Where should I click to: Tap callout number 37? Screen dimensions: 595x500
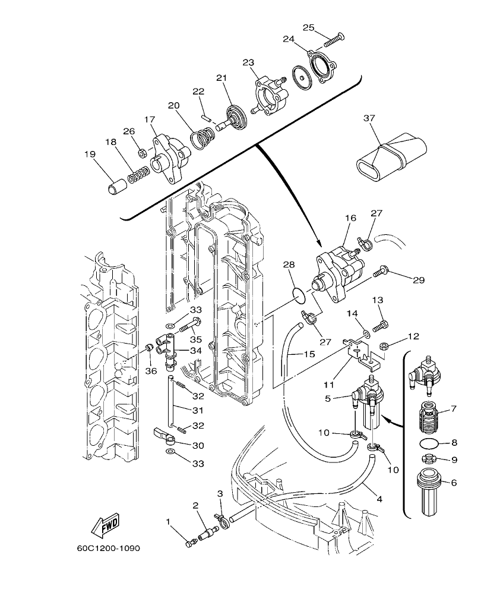[370, 118]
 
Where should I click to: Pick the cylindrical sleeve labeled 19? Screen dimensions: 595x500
[116, 189]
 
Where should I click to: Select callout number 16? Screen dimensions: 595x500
[350, 218]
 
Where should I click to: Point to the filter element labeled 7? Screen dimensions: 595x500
[429, 418]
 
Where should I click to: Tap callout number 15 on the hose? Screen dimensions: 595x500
[309, 355]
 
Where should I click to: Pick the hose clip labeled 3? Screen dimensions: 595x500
[219, 520]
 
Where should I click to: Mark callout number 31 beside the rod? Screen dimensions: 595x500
[197, 410]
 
